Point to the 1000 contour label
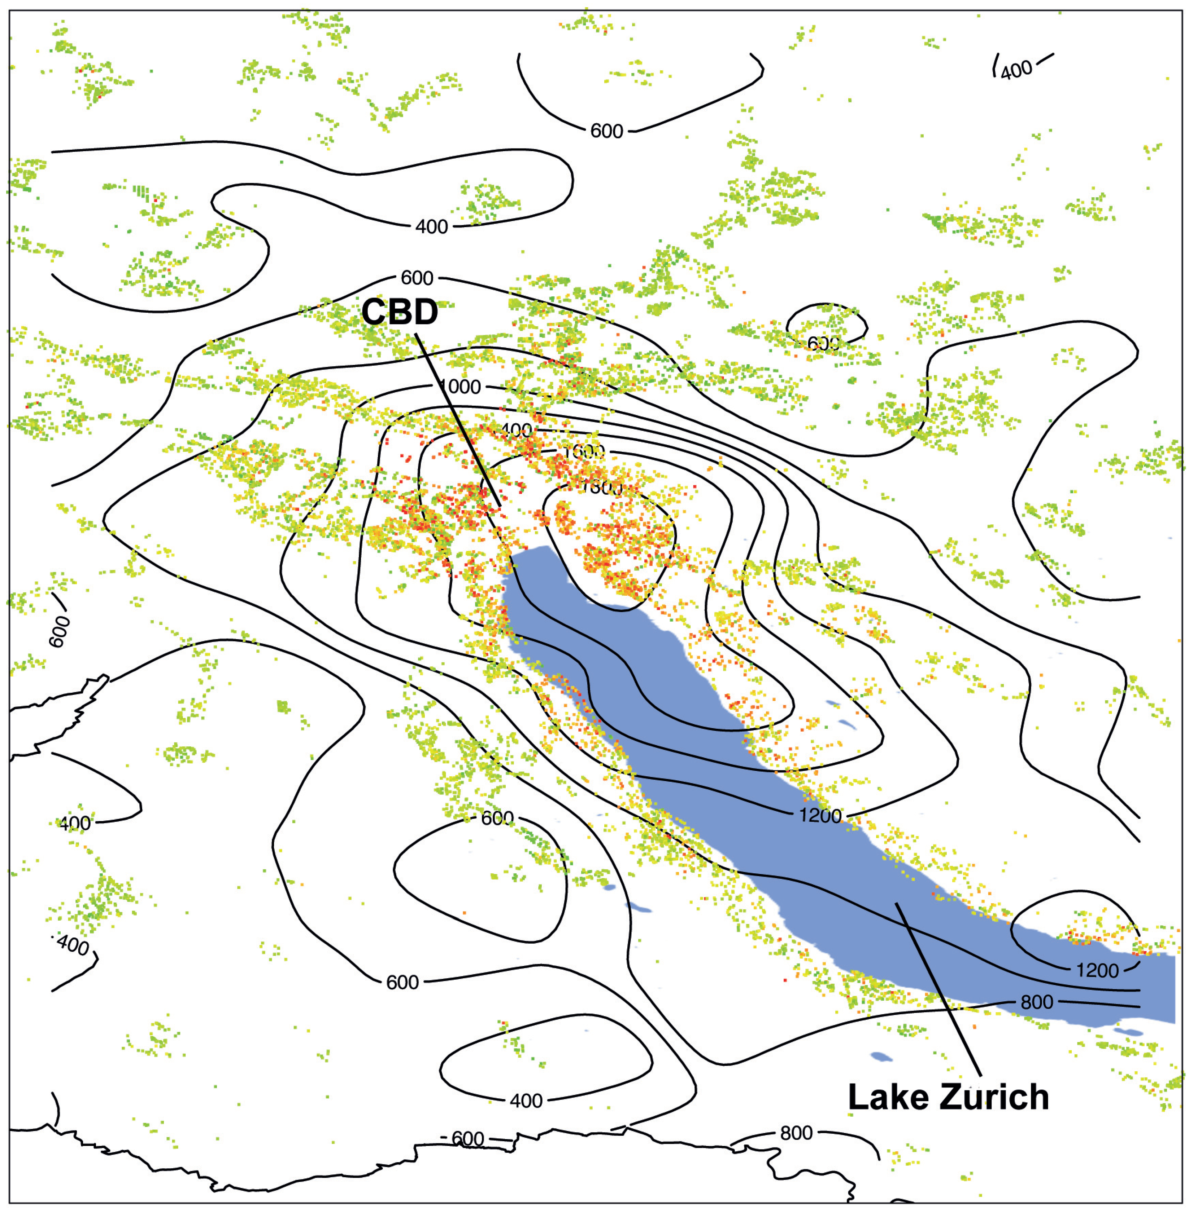point(461,387)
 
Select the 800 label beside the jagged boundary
point(796,1133)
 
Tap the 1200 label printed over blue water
point(1097,970)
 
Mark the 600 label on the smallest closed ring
point(823,343)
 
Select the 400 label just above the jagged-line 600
point(526,1101)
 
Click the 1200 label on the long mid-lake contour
point(820,816)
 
